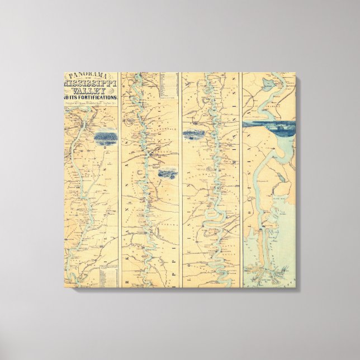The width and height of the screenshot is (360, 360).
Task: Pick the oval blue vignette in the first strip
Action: [x=105, y=137]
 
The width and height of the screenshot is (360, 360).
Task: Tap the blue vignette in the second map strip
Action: [x=167, y=173]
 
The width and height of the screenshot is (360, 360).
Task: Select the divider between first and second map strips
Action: [x=120, y=179]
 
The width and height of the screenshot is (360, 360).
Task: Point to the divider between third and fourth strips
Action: [x=241, y=179]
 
